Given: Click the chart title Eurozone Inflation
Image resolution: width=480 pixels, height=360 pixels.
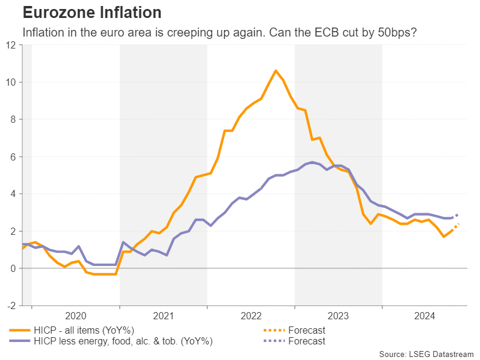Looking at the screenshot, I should pos(92,12).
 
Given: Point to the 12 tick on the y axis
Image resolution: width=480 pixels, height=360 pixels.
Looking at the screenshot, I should pos(11,45).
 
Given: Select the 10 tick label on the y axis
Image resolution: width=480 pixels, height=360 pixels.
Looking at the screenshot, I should pos(11,82).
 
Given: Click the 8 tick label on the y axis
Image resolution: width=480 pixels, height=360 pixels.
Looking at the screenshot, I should pos(14,119).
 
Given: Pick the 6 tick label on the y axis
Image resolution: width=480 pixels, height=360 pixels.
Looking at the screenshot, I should pos(14,157).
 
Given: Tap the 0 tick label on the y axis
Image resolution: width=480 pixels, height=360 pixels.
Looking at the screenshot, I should pos(14,268).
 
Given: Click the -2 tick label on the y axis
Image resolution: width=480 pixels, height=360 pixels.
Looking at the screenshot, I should pos(12,305).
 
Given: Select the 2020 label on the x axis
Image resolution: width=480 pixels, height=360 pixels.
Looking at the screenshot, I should pos(76,316).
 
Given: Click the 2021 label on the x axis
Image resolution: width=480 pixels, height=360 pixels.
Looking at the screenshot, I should pos(164,316).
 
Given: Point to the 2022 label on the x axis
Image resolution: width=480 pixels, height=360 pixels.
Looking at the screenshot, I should pos(251,316).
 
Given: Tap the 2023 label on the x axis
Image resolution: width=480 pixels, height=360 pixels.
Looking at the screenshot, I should pos(339,316).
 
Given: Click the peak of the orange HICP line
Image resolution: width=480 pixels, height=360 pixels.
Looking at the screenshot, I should pos(276,71).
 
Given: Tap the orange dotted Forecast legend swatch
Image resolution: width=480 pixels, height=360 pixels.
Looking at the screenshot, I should pos(273,330).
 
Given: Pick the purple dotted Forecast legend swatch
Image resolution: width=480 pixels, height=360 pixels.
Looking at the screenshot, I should pos(273,341).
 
